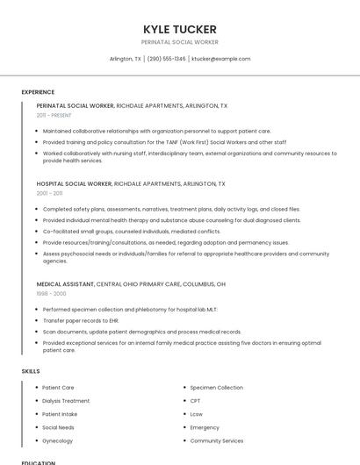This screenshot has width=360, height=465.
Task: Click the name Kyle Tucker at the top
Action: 179,29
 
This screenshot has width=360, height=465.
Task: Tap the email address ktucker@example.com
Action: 220,59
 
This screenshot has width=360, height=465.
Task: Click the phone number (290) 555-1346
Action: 166,59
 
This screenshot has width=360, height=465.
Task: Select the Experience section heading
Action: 38,92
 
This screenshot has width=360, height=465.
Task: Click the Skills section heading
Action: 31,371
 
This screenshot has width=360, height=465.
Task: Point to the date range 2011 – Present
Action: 54,115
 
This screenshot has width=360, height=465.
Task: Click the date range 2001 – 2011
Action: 49,193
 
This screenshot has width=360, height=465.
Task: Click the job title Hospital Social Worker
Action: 75,184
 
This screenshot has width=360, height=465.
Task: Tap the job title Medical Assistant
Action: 65,284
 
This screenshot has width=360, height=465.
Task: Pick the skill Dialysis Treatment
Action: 66,401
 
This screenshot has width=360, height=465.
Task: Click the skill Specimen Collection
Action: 216,388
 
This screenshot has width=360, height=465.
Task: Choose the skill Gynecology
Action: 58,440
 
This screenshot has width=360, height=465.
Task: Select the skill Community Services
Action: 217,440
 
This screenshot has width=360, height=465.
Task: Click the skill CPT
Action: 195,401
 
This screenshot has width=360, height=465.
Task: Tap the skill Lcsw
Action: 196,414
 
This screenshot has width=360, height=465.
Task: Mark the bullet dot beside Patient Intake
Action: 36,414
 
